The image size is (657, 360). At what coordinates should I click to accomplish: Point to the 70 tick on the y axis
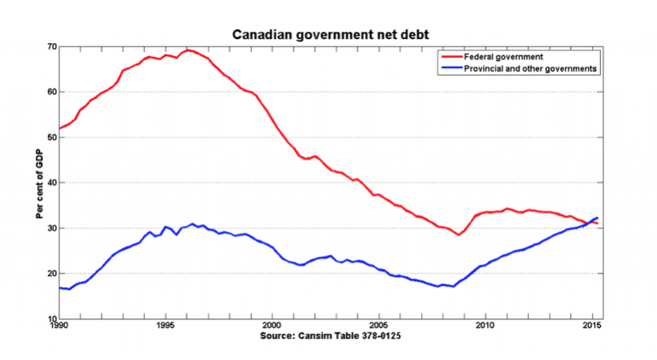[x=51, y=46]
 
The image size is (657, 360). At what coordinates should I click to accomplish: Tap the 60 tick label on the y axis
[x=51, y=92]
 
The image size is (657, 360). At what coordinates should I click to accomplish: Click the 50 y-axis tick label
[x=51, y=137]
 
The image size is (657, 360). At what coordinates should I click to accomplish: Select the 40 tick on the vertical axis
[x=51, y=183]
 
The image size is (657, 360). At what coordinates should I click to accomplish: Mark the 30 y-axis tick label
[x=51, y=228]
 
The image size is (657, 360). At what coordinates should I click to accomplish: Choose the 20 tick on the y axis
[x=51, y=274]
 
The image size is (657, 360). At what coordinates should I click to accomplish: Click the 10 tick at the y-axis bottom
[x=51, y=319]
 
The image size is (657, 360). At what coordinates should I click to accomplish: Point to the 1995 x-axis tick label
[x=165, y=327]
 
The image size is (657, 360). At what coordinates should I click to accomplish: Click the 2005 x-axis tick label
[x=379, y=327]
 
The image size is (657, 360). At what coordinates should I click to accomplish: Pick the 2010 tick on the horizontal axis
[x=485, y=327]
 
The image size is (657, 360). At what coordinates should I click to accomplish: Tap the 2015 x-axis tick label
[x=592, y=327]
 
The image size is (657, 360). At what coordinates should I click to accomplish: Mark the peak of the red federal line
[x=188, y=50]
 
